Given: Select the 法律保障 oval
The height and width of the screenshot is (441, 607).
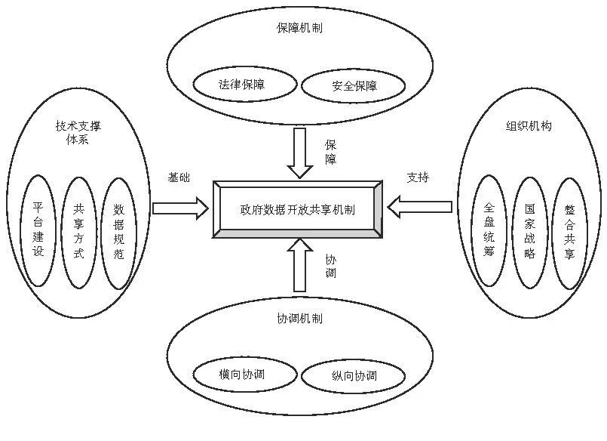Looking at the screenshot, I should (x=243, y=85).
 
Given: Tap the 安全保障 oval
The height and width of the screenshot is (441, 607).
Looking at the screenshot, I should (x=354, y=86).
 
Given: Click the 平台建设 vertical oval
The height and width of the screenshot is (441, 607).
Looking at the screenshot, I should (x=38, y=230).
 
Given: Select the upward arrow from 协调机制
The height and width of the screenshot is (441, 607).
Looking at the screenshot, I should (x=299, y=265).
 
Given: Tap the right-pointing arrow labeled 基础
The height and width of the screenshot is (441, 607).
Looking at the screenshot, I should (x=179, y=208).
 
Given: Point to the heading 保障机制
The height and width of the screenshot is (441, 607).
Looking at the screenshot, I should (x=299, y=29).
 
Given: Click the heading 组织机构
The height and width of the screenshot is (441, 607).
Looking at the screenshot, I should (x=529, y=126).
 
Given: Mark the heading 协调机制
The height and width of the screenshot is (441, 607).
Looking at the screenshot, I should (x=299, y=319).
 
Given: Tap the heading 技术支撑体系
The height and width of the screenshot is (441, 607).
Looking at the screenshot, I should (x=78, y=133).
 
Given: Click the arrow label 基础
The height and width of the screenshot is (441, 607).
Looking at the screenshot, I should (x=179, y=177).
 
